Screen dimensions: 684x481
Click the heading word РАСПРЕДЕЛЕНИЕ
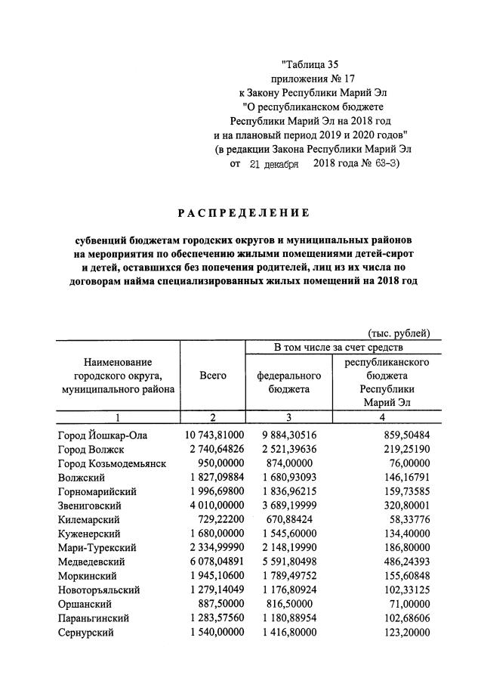[x=240, y=212]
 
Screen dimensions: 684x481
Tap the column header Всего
[x=212, y=376]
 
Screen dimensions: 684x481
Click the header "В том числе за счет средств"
[x=338, y=348]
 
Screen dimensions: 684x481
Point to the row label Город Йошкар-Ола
[x=102, y=435]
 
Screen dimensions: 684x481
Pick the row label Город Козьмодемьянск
[x=111, y=463]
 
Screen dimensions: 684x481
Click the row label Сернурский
[x=85, y=633]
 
